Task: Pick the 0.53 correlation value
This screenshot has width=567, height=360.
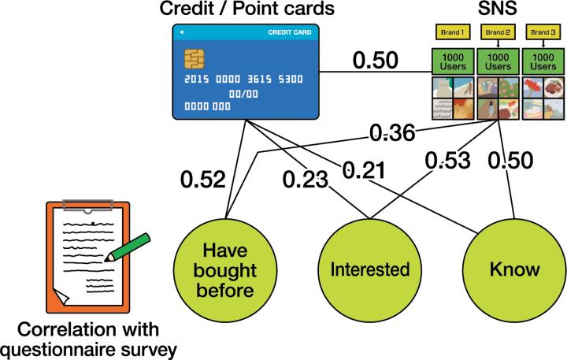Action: (x=447, y=161)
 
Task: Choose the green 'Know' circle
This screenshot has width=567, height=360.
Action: (x=514, y=270)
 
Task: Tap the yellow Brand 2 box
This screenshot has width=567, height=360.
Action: (x=496, y=32)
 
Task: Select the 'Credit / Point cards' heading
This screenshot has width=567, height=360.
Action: (x=246, y=9)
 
